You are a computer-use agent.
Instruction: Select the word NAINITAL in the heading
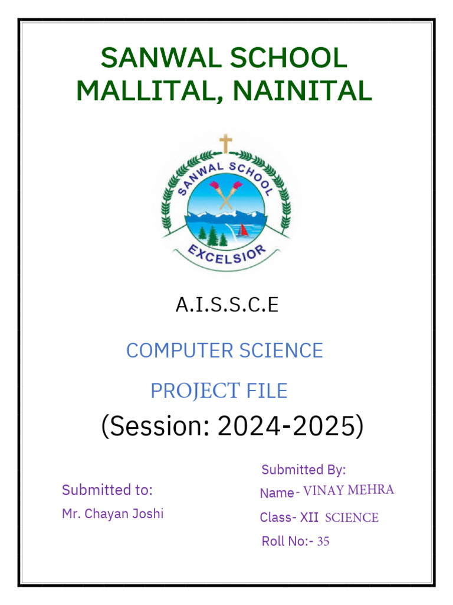(x=303, y=90)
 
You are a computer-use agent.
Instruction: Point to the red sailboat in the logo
(x=242, y=230)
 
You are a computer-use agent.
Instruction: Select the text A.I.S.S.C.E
(x=226, y=305)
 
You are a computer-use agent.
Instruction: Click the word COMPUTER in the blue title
(x=172, y=350)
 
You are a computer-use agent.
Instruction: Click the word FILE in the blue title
(x=267, y=391)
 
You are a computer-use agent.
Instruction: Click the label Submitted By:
(x=303, y=470)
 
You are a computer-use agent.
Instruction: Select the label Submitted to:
(x=107, y=490)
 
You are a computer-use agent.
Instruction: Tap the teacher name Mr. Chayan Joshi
(x=113, y=513)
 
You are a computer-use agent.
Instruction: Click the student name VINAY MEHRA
(x=349, y=490)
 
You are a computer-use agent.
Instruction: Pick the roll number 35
(x=323, y=541)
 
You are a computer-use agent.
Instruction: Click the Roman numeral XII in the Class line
(x=309, y=518)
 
